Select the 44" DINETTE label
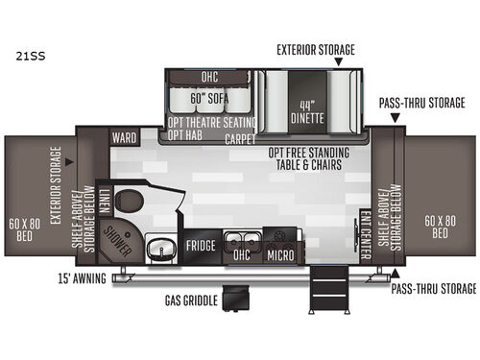point(306,111)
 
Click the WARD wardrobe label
point(123,137)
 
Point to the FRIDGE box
point(201,246)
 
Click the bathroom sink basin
point(160,248)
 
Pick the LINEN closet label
point(103,200)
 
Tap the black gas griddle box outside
point(235,297)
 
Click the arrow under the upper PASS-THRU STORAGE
point(395,118)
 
